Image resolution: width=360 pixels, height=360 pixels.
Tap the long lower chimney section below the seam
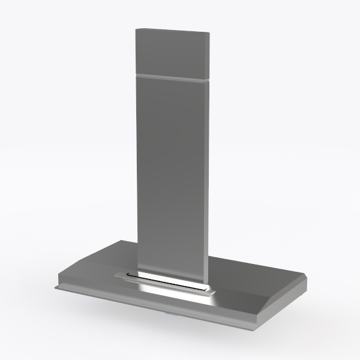170,174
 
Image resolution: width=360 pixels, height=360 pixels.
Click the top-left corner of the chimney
137,29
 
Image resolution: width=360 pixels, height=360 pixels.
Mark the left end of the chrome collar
116,275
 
